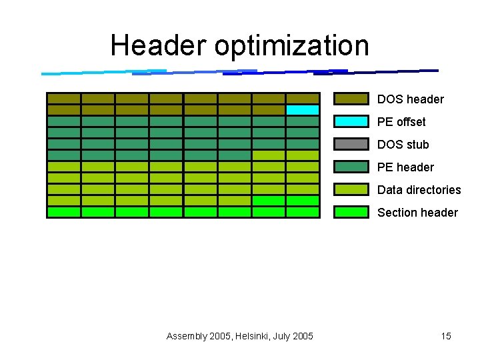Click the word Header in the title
159,45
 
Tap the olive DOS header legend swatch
351,99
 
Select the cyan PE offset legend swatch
351,122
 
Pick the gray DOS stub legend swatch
351,145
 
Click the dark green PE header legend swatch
351,167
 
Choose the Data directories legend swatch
351,190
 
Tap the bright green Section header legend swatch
351,213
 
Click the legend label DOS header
410,99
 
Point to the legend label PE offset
401,122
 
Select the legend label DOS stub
403,145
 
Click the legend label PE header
405,167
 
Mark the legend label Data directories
419,190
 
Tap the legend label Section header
417,213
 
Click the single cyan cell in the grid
303,110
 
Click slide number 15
446,336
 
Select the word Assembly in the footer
187,336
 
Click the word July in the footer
281,336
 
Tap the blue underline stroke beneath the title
240,71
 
